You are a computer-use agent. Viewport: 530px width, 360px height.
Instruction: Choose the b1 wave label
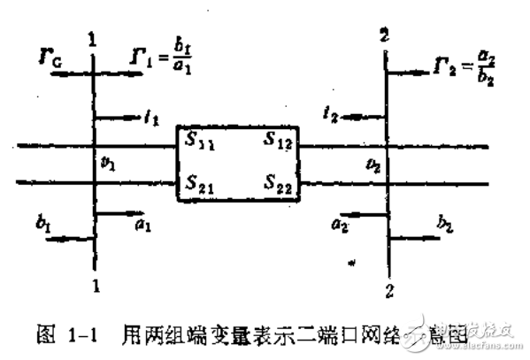[42, 226]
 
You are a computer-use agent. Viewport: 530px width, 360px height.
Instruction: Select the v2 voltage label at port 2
[377, 165]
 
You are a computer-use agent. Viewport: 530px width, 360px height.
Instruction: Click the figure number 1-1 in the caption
[84, 334]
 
